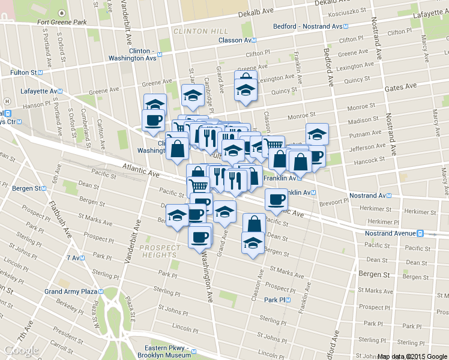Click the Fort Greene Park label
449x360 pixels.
click(x=61, y=23)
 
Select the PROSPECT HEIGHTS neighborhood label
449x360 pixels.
click(x=160, y=251)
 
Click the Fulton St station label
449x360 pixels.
click(x=23, y=72)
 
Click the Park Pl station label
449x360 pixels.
click(x=277, y=299)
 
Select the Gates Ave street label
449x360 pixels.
click(x=400, y=87)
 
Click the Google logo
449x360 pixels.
click(x=22, y=350)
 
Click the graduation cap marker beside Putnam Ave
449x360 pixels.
click(x=317, y=134)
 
